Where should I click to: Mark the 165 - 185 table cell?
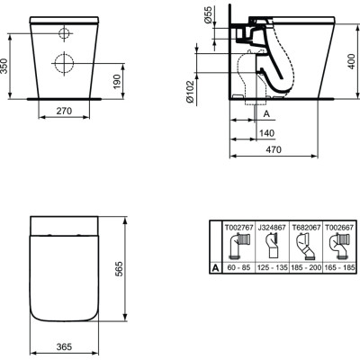click(x=335, y=267)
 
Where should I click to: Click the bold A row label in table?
click(x=214, y=267)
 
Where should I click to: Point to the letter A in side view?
click(x=265, y=115)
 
